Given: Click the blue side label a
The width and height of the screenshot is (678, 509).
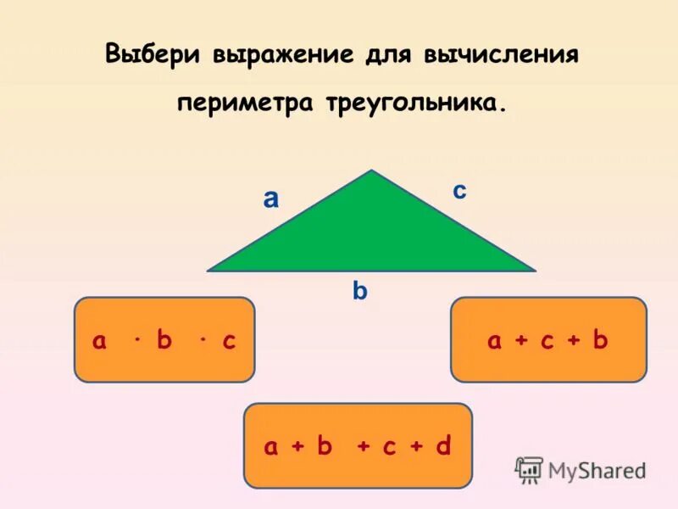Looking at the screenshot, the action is click(270, 199).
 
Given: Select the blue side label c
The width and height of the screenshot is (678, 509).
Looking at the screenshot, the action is click(458, 192).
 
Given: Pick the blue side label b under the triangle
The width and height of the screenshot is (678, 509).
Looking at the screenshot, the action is click(360, 291).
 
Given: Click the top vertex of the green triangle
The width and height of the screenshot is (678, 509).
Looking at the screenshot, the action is click(371, 172).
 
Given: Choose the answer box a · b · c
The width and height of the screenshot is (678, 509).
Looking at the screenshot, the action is click(164, 339).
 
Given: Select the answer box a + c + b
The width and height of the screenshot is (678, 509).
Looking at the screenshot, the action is click(548, 339).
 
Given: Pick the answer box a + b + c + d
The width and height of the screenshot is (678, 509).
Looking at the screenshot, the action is click(358, 445).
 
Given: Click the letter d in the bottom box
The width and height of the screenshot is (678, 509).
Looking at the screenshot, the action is click(442, 446).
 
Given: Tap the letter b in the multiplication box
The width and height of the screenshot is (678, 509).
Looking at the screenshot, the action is click(164, 340).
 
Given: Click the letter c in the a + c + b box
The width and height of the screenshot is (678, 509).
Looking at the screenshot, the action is click(547, 341).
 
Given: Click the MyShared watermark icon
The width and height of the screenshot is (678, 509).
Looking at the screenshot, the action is click(529, 469).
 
